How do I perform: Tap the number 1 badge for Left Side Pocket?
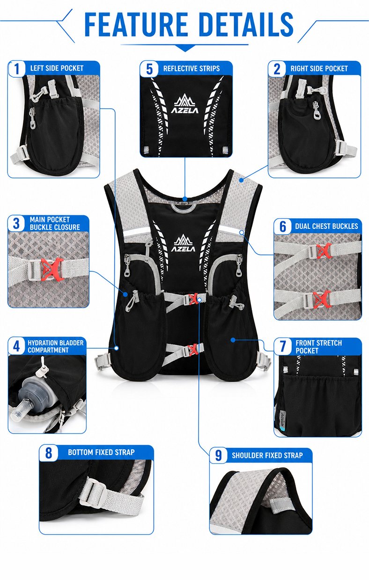click(x=17, y=69)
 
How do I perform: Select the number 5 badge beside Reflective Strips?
click(x=149, y=69)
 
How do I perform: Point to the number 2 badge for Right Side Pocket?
click(x=277, y=69)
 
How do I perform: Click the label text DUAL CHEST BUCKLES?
click(x=326, y=226)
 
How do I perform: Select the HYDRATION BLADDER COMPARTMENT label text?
click(x=55, y=346)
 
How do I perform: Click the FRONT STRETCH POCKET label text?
click(x=318, y=347)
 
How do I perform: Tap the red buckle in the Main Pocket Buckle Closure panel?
click(x=52, y=270)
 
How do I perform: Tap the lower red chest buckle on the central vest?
click(x=192, y=350)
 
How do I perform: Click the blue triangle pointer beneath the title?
click(x=184, y=48)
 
